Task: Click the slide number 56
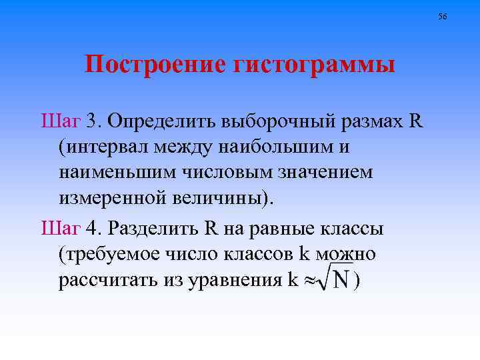coord(443,15)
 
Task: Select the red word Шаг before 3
coord(61,121)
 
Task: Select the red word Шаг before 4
coord(61,229)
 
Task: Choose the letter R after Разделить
coord(211,229)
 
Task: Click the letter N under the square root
coord(341,281)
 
